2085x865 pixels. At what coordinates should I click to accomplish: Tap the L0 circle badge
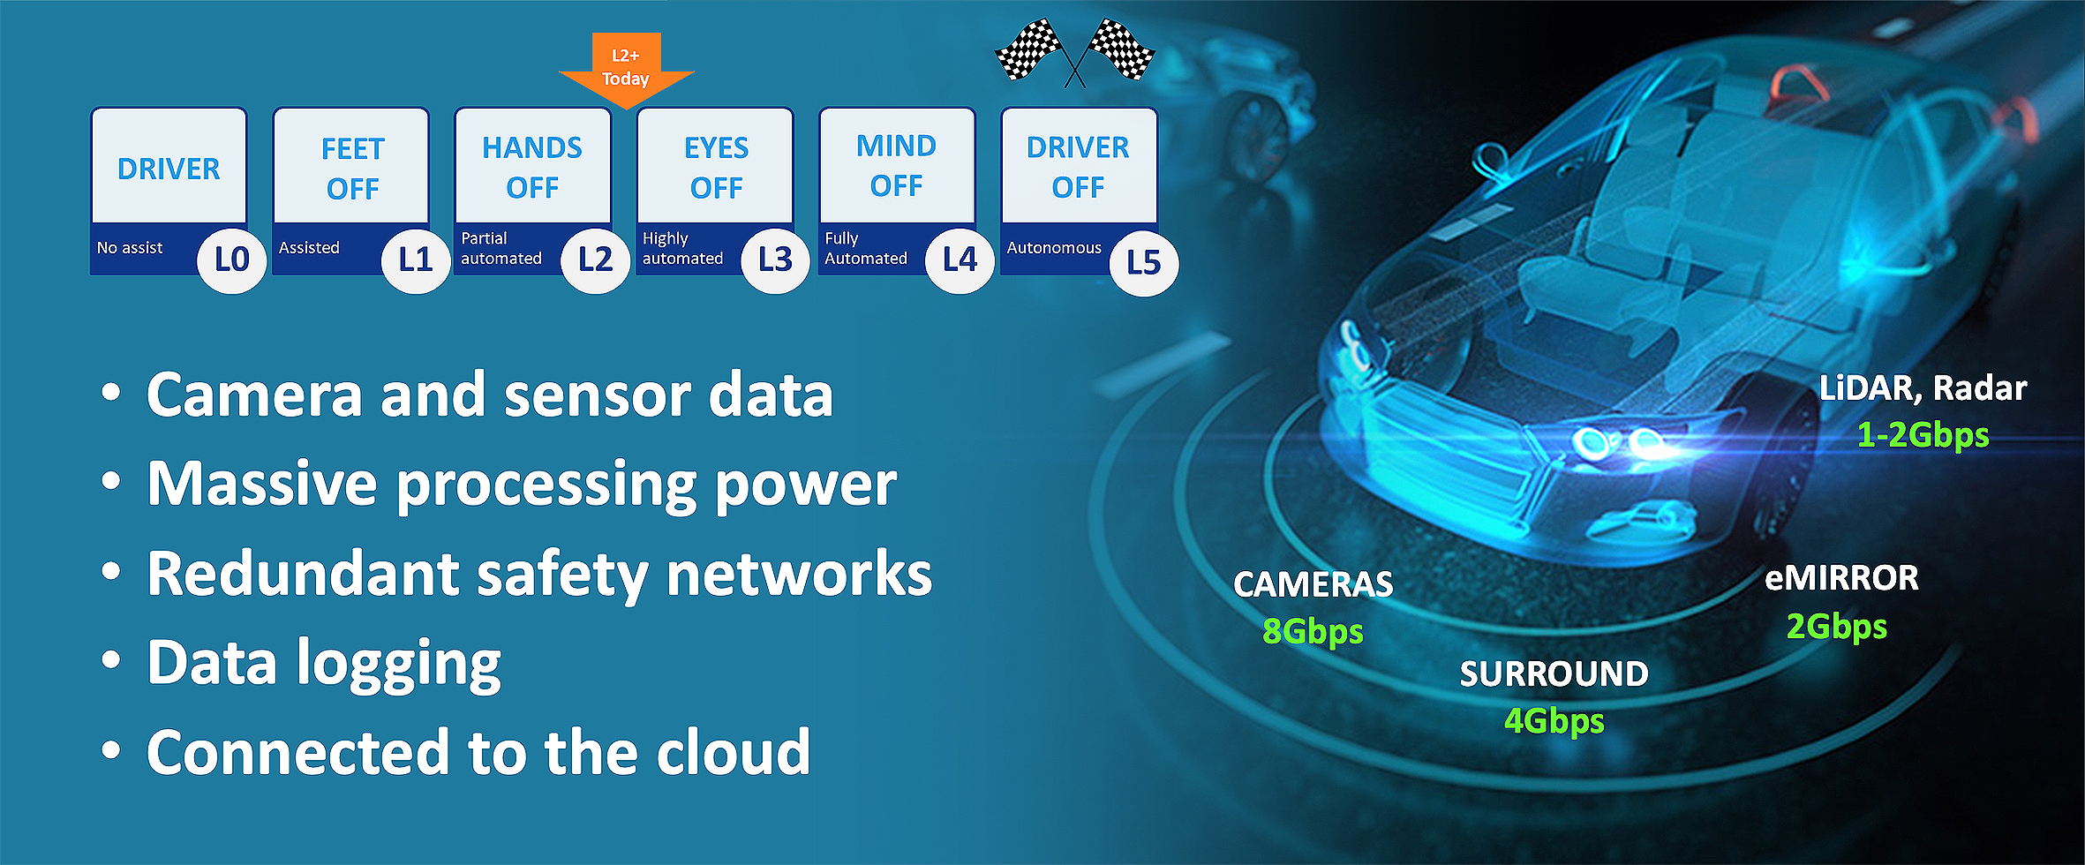click(x=231, y=260)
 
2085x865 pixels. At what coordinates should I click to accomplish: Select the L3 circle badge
click(x=775, y=259)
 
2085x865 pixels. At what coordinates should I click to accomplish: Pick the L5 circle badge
click(x=1143, y=262)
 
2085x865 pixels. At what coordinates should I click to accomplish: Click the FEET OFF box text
click(x=352, y=169)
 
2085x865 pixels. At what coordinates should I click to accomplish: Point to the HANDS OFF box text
click(x=532, y=167)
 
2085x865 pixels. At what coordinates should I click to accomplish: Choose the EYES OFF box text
click(x=716, y=167)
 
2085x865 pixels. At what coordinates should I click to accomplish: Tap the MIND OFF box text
click(x=896, y=165)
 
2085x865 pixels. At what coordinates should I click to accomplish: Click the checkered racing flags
click(x=1074, y=51)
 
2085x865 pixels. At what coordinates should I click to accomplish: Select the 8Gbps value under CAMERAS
click(x=1313, y=632)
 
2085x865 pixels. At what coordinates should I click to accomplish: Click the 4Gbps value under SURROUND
click(x=1554, y=721)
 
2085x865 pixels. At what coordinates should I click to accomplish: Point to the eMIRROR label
click(x=1841, y=578)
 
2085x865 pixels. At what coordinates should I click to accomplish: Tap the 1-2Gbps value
click(x=1923, y=435)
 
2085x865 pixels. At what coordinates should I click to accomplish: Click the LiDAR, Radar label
click(x=1923, y=388)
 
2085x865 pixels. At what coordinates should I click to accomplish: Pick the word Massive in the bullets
click(x=262, y=485)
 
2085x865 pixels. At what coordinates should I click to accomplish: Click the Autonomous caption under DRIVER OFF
click(x=1054, y=248)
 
